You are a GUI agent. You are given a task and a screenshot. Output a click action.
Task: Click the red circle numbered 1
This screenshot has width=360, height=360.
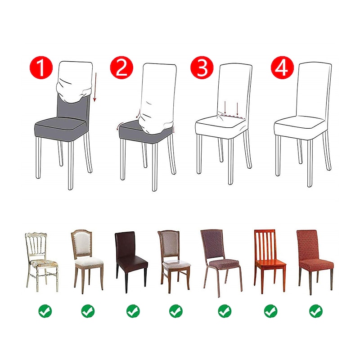pyautogui.click(x=41, y=67)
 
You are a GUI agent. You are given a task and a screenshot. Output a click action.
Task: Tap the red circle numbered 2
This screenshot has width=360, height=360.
pyautogui.click(x=121, y=67)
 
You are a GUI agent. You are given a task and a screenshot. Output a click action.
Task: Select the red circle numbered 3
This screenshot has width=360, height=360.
pyautogui.click(x=202, y=67)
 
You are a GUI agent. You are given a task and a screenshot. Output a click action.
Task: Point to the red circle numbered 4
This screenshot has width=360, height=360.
pyautogui.click(x=283, y=67)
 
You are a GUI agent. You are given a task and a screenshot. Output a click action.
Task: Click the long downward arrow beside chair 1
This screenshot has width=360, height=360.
pyautogui.click(x=95, y=87)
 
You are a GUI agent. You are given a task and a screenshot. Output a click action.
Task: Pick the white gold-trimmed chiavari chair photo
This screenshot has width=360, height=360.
pyautogui.click(x=41, y=262)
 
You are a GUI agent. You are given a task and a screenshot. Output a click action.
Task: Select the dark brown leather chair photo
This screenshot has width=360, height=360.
pyautogui.click(x=131, y=262)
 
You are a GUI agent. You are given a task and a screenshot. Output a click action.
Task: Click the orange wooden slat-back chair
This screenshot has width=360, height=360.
pyautogui.click(x=270, y=261)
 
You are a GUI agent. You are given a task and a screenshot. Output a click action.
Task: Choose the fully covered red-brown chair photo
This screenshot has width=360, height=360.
pyautogui.click(x=315, y=262)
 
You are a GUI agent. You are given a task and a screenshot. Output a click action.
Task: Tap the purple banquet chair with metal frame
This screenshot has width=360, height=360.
pyautogui.click(x=221, y=263)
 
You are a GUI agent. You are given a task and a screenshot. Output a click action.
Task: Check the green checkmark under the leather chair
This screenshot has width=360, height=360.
pyautogui.click(x=133, y=311)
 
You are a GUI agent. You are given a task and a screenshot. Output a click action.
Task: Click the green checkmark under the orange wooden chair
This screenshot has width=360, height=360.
pyautogui.click(x=271, y=311)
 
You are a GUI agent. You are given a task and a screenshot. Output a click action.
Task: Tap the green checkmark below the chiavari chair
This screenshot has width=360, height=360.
pyautogui.click(x=45, y=311)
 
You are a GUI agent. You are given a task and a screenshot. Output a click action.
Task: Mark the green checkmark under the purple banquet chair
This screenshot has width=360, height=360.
pyautogui.click(x=225, y=311)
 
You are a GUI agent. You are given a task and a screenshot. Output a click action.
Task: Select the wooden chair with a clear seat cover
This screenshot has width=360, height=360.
pyautogui.click(x=175, y=262)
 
